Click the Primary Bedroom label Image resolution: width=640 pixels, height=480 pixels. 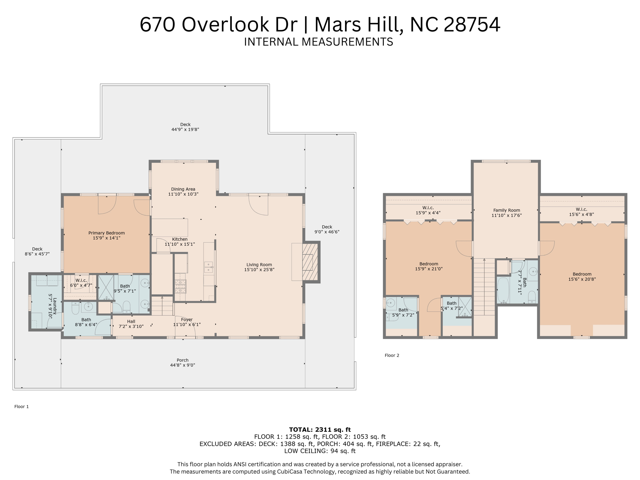pos(107,233)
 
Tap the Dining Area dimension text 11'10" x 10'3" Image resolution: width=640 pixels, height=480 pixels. pos(183,194)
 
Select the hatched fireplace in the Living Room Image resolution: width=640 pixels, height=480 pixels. pos(310,262)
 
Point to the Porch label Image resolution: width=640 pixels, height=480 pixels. pos(182,360)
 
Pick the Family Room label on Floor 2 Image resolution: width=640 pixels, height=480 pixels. pos(507,210)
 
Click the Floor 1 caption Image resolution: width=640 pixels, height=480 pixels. pos(22,407)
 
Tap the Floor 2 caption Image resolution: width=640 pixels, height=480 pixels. pos(392,355)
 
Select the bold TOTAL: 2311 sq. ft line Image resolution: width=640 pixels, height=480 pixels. pos(320,429)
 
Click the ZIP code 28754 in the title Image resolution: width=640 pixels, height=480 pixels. pos(472,24)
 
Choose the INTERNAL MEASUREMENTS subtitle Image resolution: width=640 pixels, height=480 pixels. pos(318,42)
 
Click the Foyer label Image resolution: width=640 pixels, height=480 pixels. pos(187,319)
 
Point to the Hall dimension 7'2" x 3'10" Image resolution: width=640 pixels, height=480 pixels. pos(131,327)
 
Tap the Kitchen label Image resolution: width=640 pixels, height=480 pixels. pos(180,239)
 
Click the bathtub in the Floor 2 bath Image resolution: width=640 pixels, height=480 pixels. pos(503,290)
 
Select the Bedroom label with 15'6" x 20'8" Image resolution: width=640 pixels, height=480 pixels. pos(582,274)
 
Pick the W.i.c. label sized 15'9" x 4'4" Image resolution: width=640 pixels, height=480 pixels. pos(428,208)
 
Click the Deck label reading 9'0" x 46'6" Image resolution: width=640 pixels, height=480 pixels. pos(327,227)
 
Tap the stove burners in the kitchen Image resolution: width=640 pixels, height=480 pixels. pos(181,286)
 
